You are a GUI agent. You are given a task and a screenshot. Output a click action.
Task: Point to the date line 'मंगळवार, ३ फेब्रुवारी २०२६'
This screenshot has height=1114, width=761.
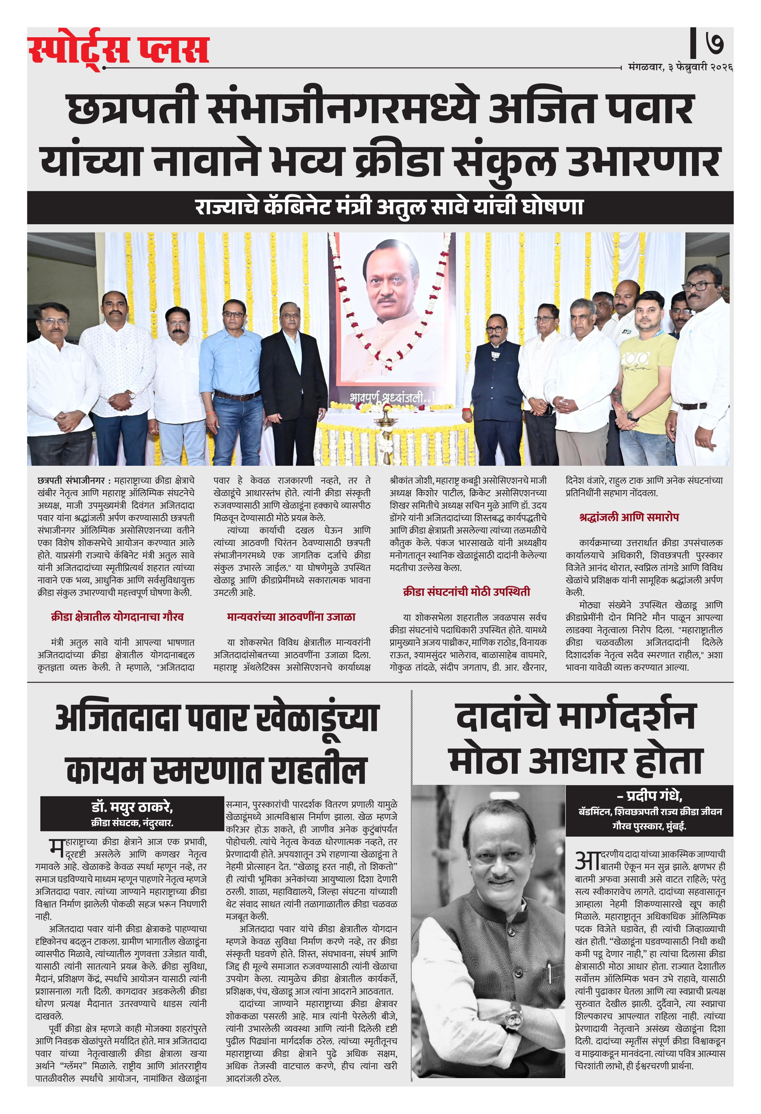(680, 68)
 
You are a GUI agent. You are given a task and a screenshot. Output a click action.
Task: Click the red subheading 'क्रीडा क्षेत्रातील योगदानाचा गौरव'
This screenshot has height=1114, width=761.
(117, 617)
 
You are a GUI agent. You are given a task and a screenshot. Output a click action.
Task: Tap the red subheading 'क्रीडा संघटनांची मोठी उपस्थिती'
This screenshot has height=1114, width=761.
(467, 592)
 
